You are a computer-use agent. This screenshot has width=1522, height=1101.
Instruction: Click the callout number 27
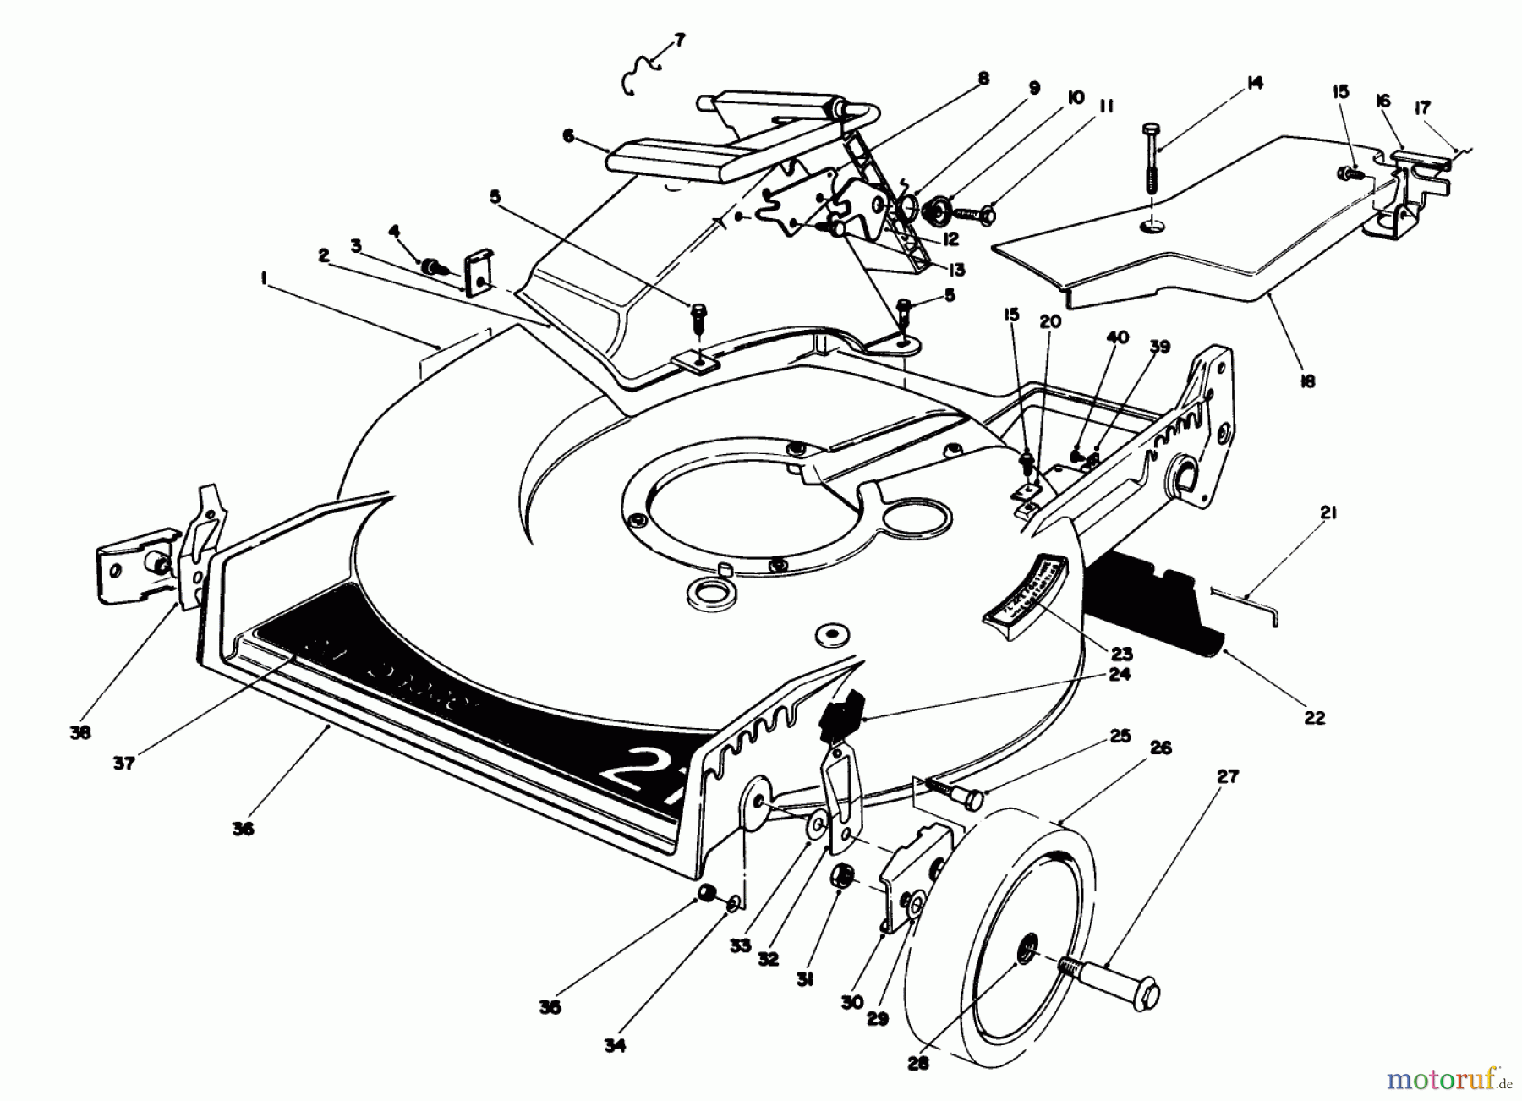(1227, 776)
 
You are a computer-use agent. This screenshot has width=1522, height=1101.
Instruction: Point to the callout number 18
(1307, 381)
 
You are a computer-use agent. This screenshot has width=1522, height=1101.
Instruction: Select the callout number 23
(1123, 654)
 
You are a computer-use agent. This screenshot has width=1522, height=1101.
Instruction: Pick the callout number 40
(1117, 337)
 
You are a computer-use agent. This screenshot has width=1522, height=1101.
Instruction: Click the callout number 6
(567, 135)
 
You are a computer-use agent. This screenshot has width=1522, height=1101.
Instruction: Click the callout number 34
(615, 1046)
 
